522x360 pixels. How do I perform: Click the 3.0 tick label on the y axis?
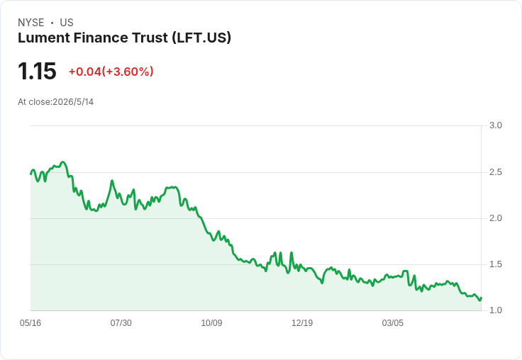coord(495,125)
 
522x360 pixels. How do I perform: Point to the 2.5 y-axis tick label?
coord(495,172)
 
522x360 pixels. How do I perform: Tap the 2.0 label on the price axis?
coord(495,218)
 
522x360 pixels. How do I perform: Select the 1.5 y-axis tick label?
coord(495,264)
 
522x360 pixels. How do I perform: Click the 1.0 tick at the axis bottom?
coord(495,310)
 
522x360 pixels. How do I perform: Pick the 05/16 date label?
coord(30,323)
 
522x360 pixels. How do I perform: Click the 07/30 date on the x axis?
coord(121,323)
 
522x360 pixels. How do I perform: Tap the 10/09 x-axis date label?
coord(211,323)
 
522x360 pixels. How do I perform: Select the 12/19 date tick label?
coord(302,323)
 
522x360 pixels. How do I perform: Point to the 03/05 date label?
coord(392,323)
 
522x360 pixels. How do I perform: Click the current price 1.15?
coord(37,71)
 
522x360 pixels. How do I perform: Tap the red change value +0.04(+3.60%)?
coord(111,72)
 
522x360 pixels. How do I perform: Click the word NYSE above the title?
coord(31,23)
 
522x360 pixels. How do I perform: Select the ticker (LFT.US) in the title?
coord(201,38)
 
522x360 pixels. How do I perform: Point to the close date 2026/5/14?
coord(73,102)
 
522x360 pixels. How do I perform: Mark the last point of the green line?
coord(482,298)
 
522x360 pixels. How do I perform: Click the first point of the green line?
coord(31,174)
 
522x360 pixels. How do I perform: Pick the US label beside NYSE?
coord(67,23)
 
